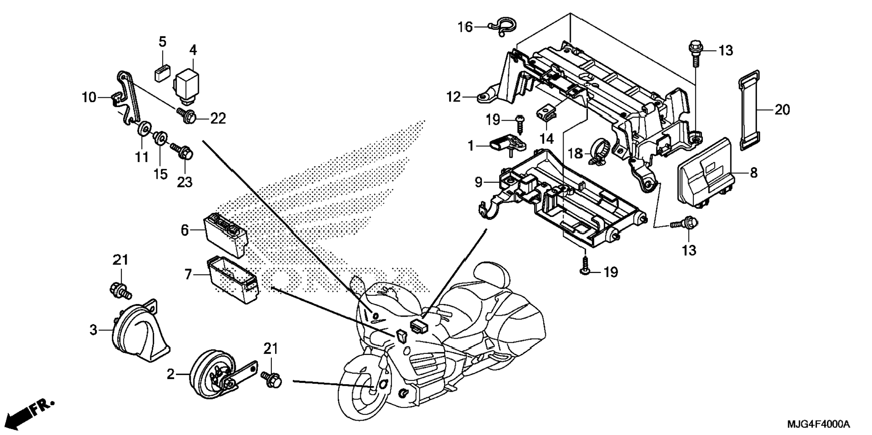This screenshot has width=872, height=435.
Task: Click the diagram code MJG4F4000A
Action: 818,424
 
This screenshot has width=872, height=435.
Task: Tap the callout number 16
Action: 465,27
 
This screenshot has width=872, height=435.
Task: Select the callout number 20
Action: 782,109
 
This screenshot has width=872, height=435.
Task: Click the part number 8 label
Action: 754,172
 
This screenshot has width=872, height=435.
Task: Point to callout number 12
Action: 454,97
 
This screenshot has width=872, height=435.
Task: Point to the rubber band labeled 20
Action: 749,110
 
